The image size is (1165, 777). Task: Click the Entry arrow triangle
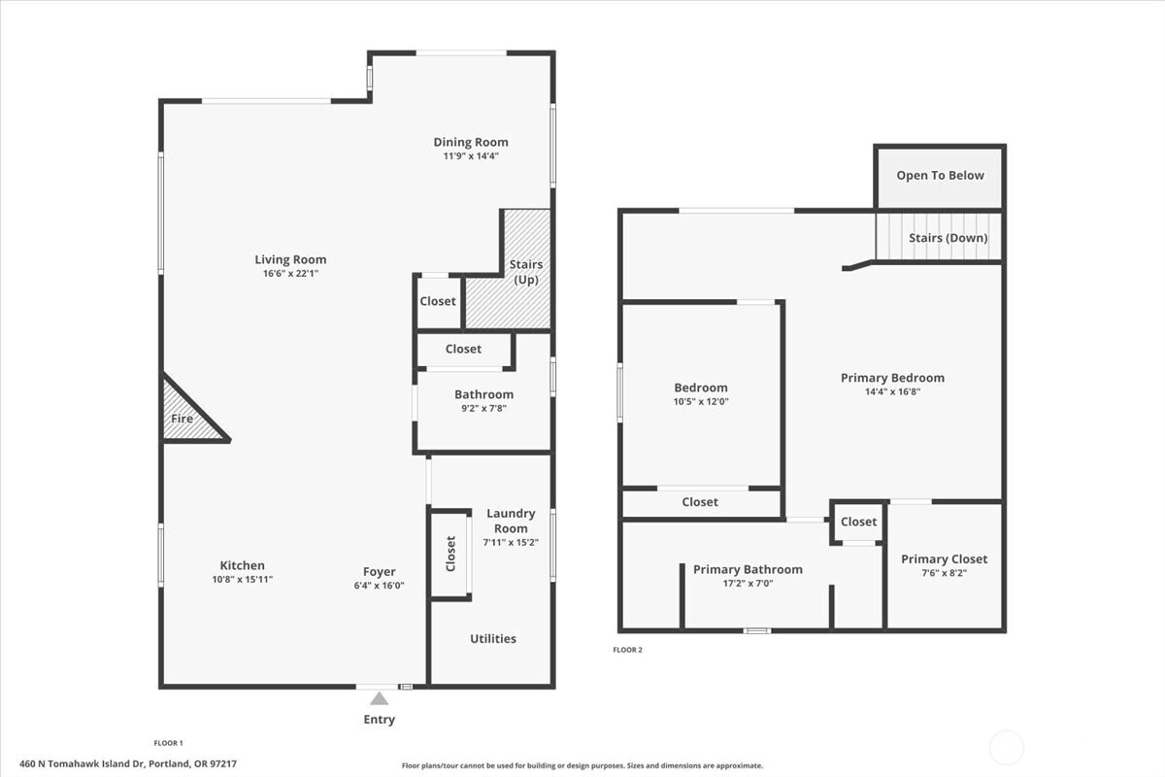(x=380, y=698)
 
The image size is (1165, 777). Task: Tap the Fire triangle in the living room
(x=187, y=414)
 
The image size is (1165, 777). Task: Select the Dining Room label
(x=471, y=142)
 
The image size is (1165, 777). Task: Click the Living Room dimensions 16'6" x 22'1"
(x=290, y=273)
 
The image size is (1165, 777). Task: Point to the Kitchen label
(x=243, y=565)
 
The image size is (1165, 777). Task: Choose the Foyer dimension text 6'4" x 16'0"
(x=380, y=586)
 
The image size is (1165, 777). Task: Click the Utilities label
(x=493, y=638)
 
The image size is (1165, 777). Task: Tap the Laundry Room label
(x=511, y=521)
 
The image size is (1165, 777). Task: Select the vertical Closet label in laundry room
(x=450, y=554)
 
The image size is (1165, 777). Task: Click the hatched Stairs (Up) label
(x=526, y=272)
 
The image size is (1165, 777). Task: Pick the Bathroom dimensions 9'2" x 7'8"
(x=483, y=408)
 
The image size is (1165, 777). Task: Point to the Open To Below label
(x=941, y=176)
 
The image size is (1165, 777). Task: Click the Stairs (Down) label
(x=949, y=238)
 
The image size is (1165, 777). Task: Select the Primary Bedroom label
(x=892, y=378)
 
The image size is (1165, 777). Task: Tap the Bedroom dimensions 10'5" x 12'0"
(x=701, y=401)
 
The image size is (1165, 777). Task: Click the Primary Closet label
(x=944, y=558)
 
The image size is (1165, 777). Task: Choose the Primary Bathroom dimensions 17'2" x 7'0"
(x=748, y=584)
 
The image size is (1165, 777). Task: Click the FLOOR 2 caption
(x=628, y=650)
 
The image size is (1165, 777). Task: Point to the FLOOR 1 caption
(x=169, y=743)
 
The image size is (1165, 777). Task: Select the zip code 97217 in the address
(x=223, y=764)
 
